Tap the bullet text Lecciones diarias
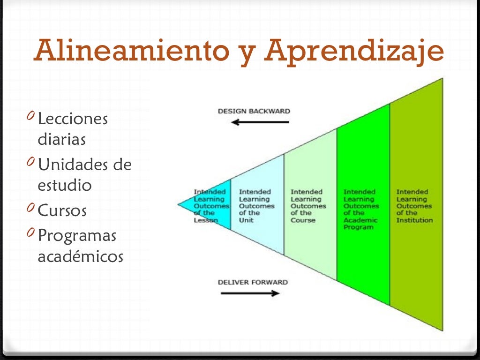point(73,129)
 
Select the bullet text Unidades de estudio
point(84,174)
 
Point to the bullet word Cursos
point(62,210)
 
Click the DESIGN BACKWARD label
point(254,111)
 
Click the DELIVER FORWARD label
point(253,282)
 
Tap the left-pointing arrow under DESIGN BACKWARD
point(260,122)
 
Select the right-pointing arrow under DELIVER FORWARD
point(249,293)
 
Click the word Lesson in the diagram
point(206,220)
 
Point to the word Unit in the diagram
point(246,220)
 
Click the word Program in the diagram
point(358,227)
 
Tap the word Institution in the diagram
point(414,220)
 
